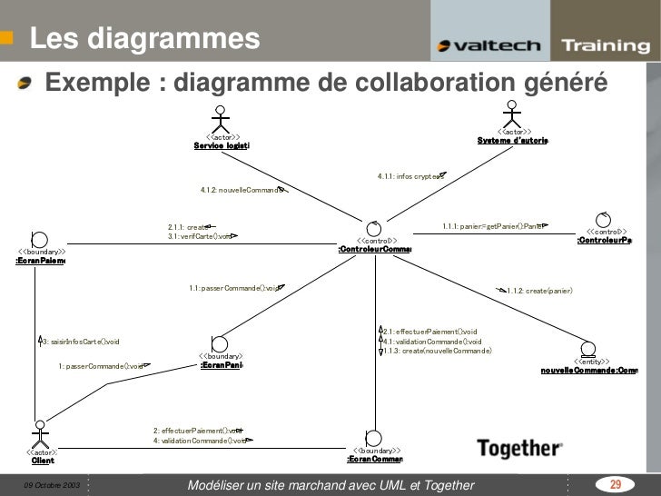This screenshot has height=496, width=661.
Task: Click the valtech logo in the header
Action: point(488,46)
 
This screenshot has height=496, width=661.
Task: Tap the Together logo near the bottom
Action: point(519,447)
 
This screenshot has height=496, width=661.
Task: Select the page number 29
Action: point(615,484)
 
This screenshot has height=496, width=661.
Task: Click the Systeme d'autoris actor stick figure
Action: point(513,116)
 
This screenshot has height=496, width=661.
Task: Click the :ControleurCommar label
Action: point(374,250)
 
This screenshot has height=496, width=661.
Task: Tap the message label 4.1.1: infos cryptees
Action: point(409,176)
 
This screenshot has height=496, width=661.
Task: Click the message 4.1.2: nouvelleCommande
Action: point(242,190)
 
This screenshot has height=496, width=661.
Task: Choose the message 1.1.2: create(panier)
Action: point(539,290)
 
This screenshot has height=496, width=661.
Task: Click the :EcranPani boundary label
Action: point(221,365)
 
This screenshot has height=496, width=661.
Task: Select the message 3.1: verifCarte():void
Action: point(201,236)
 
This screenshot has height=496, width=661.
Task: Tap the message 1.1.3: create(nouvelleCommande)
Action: point(439,351)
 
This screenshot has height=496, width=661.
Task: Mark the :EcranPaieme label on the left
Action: point(39,262)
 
